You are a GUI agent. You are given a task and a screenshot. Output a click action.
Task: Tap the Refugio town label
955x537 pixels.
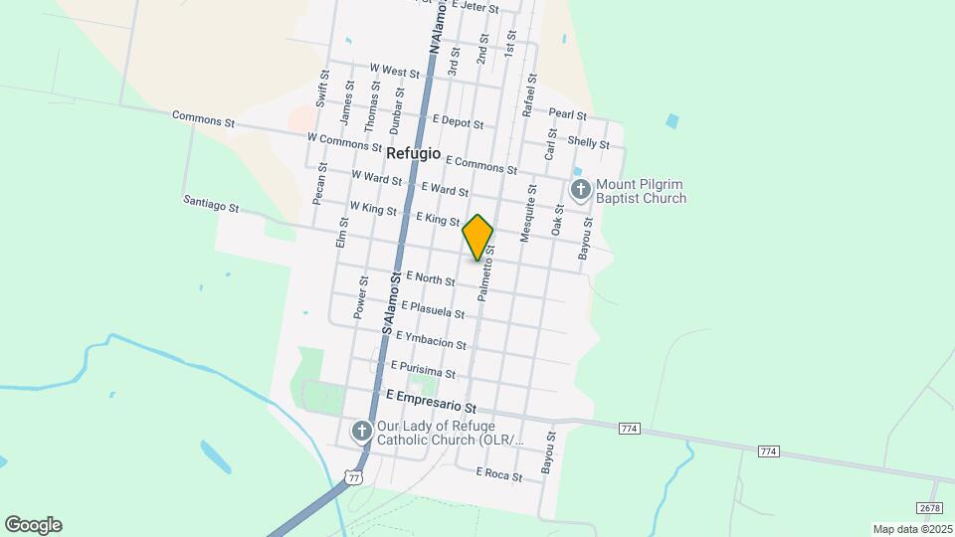pos(413,153)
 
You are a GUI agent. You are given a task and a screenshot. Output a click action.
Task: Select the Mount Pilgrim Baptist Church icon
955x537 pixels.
pos(581,188)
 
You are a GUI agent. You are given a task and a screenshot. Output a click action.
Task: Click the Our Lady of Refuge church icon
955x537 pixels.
pos(362,431)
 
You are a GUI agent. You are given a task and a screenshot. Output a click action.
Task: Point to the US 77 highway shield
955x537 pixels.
pos(355,477)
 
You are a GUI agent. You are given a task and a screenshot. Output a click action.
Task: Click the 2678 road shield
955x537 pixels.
pos(929,508)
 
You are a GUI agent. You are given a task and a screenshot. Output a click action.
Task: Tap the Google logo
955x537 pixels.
pos(33,525)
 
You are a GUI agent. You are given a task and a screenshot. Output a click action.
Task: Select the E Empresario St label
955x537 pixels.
pos(432,402)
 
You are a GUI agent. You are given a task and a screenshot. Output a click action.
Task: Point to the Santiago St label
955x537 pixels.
pos(211,203)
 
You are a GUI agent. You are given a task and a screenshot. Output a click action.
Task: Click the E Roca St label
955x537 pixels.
pos(499,475)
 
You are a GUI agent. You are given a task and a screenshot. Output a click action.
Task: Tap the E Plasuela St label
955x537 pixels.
pos(436,311)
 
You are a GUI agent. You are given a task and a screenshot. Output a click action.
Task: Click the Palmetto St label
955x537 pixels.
pos(486,273)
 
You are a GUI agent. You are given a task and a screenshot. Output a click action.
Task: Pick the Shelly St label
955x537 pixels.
pos(590,143)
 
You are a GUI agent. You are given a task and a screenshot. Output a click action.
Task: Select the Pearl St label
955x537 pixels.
pos(567,114)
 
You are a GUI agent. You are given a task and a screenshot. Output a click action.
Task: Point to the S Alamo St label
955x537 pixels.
pos(390,303)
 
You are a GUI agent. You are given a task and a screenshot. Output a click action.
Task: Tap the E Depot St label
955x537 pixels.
pos(458,122)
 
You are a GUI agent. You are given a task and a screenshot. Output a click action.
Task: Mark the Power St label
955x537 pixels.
pos(361,297)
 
